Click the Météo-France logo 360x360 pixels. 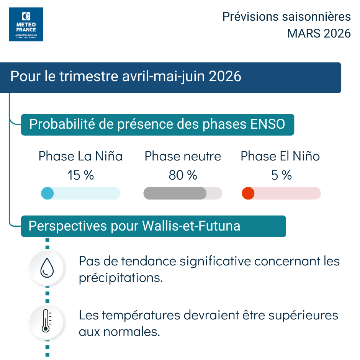pos(26,25)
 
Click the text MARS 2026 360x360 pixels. pos(319,34)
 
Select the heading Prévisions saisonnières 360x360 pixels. pos(286,17)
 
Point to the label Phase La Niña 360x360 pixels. pos(80,156)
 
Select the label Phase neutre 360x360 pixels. pos(183,156)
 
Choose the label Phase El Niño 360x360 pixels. pos(280,156)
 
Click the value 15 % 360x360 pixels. pos(80,175)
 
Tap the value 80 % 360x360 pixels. pos(183,175)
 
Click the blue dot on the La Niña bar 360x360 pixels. pos(47,193)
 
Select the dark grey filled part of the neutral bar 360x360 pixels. pos(175,193)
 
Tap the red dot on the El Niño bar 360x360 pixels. pos(248,193)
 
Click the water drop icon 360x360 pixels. pos(47,268)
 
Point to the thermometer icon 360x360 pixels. pos(47,321)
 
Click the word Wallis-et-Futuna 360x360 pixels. pos(191,226)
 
